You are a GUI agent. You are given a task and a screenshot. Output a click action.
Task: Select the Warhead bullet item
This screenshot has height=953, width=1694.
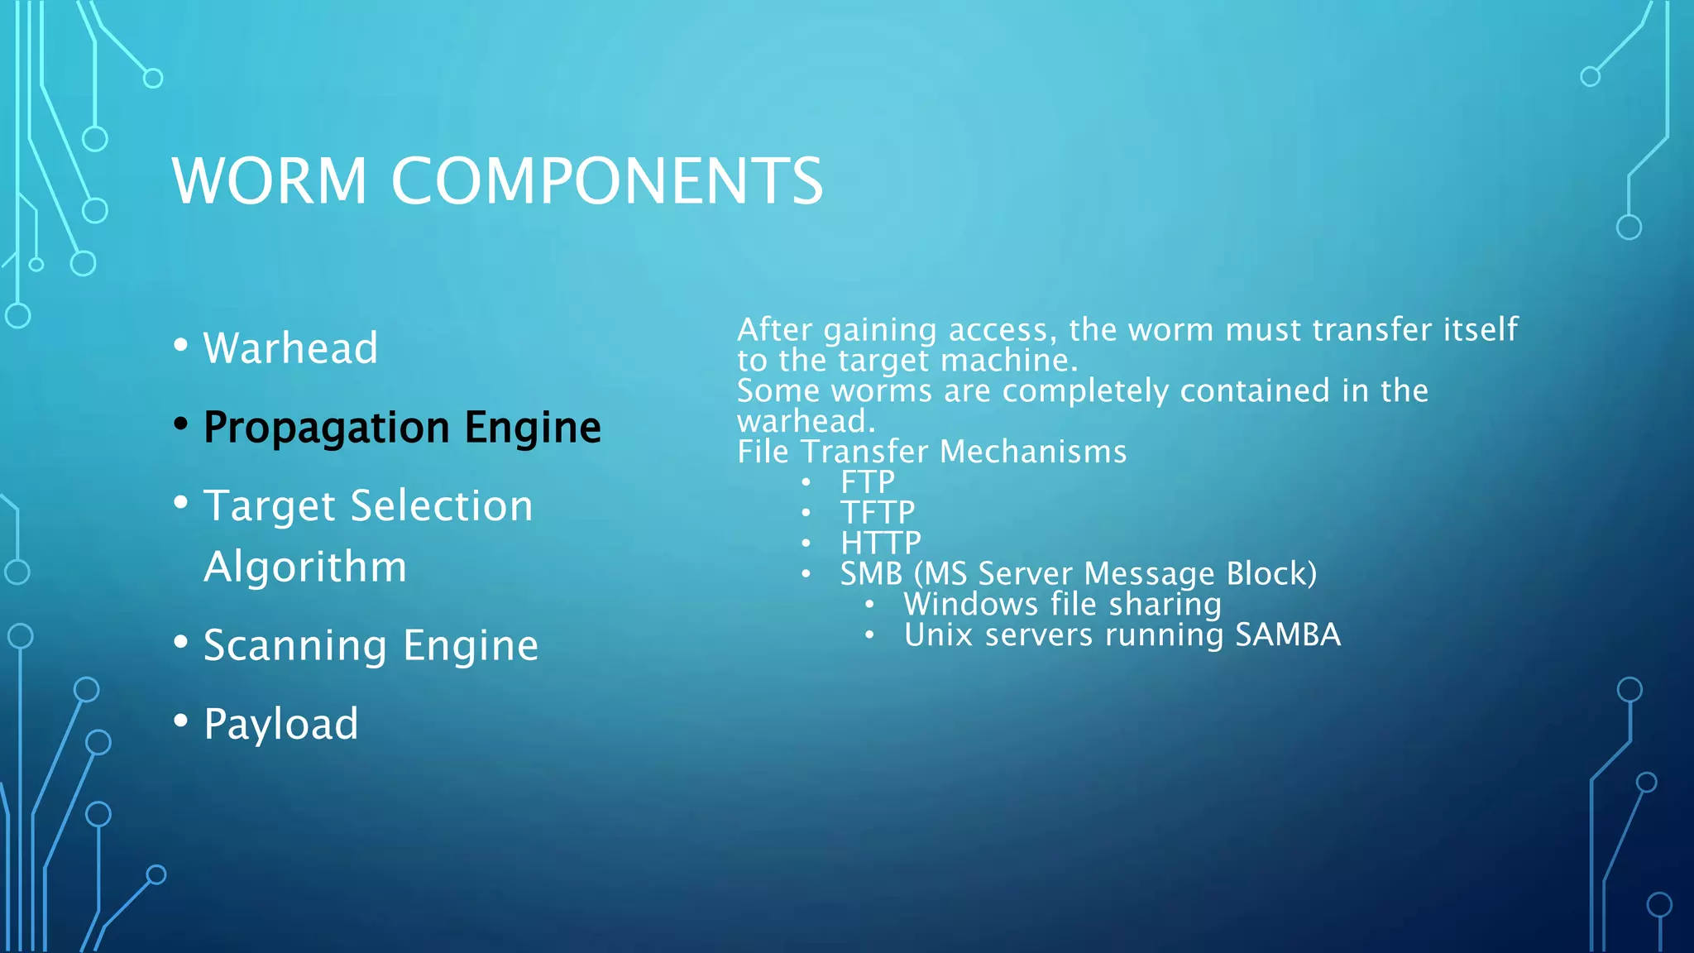(x=290, y=347)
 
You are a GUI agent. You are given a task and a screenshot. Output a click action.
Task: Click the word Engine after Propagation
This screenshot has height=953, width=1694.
(x=533, y=427)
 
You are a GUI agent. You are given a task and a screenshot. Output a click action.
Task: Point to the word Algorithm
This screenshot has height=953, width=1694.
(x=305, y=567)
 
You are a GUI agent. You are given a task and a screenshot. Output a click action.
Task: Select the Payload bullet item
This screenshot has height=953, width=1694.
(x=280, y=724)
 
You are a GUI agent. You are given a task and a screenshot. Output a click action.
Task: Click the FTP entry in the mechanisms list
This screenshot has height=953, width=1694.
(x=868, y=482)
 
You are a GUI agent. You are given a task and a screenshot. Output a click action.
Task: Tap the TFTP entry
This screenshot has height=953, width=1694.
(x=878, y=513)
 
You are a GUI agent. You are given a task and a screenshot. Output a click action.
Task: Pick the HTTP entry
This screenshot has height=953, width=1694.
(x=881, y=544)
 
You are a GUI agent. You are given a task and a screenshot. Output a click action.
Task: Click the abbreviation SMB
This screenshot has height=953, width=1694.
(x=871, y=574)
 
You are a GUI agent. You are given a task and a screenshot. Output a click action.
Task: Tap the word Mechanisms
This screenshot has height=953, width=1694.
(x=1033, y=452)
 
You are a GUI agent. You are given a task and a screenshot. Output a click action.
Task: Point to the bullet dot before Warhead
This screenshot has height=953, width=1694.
(x=181, y=345)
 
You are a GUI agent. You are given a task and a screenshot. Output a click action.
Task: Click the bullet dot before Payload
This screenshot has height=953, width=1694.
(x=181, y=721)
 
